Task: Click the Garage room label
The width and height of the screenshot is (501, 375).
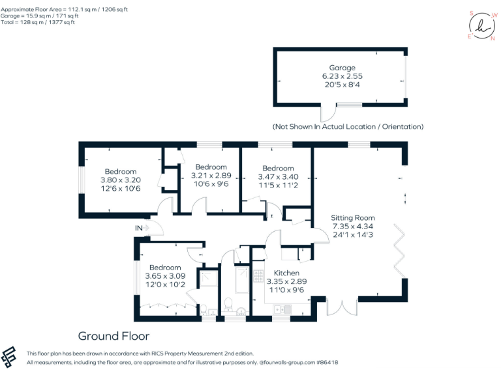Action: pos(342,68)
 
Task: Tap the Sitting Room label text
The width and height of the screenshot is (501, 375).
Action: pos(352,218)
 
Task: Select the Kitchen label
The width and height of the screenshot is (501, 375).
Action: pos(286,273)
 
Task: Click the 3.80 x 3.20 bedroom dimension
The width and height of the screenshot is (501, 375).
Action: pos(121,180)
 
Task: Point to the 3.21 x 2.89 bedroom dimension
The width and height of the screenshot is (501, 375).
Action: pos(211,176)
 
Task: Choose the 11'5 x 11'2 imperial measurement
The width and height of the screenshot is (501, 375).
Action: pos(277,185)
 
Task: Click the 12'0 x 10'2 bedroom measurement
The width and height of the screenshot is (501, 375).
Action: pos(165,284)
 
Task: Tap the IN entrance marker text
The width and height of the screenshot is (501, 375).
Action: pos(138,228)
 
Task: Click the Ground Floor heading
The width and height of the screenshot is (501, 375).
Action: pos(114,336)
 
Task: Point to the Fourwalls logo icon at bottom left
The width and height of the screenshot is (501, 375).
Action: pos(9,357)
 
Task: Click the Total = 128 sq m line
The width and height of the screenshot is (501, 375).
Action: pos(38,22)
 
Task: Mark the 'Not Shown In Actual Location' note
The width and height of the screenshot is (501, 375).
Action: pos(348,126)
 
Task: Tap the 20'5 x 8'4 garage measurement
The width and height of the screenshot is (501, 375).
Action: pos(342,85)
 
